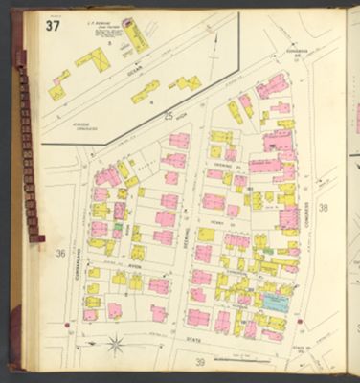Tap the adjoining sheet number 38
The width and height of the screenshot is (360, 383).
pyautogui.click(x=324, y=207)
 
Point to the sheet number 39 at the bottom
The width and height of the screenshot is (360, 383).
pyautogui.click(x=200, y=361)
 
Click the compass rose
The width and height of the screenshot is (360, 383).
pyautogui.click(x=115, y=342)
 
